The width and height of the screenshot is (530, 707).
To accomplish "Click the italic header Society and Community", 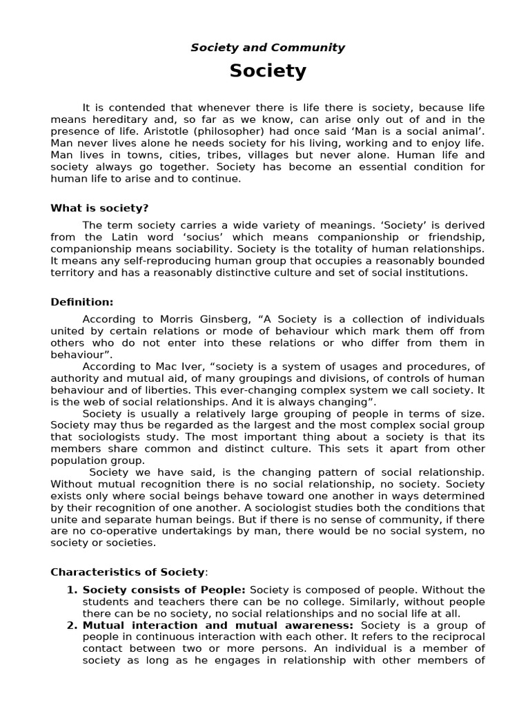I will point(268,48).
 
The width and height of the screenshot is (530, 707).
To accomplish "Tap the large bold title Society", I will point(268,71).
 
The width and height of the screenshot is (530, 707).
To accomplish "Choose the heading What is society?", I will point(99,208).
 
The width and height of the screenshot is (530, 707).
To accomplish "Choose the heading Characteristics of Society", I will point(128,572).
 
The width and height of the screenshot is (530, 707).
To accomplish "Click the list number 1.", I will point(72,590).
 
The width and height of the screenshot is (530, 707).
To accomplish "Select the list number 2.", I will point(72,626).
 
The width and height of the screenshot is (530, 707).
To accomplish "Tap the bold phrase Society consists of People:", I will point(164,590).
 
